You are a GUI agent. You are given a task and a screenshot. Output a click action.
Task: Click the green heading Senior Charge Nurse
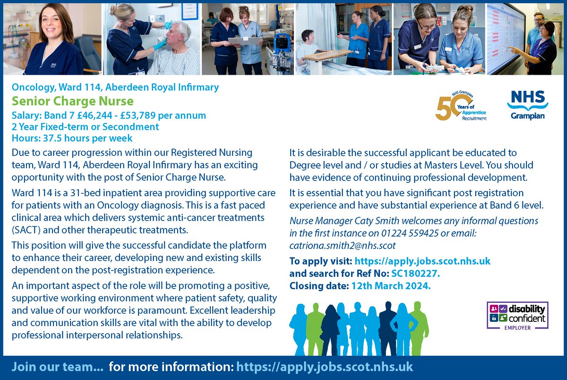coord(73,101)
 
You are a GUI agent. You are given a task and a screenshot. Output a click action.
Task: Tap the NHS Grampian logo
coord(527,105)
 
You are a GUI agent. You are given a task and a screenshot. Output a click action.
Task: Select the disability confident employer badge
coord(517,315)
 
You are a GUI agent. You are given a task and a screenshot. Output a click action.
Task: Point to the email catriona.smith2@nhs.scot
coord(342,246)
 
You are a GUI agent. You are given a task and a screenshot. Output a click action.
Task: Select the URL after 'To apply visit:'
coord(422,261)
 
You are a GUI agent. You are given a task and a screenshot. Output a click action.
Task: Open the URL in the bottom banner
coord(325,367)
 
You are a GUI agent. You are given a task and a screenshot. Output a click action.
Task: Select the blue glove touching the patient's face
coord(161,43)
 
